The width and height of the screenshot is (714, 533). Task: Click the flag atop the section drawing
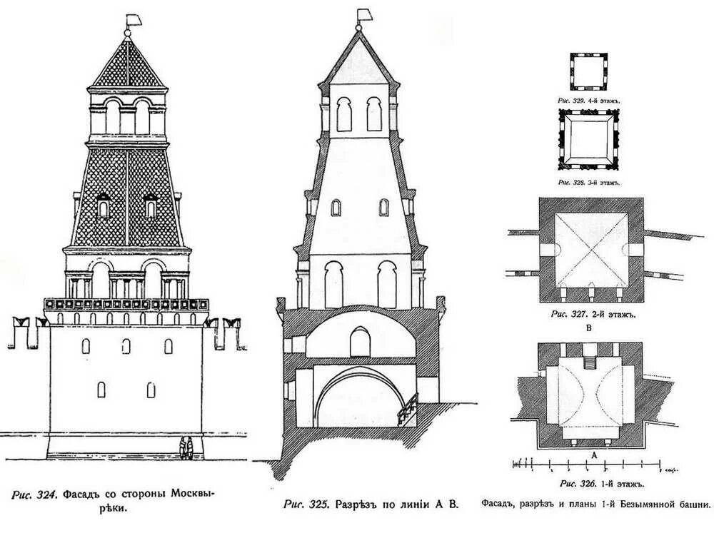coord(363,14)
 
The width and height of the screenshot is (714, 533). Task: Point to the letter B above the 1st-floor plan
coord(589,329)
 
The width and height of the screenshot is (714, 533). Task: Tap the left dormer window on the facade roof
coord(103,205)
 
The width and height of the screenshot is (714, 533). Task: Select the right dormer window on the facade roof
coord(151,205)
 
